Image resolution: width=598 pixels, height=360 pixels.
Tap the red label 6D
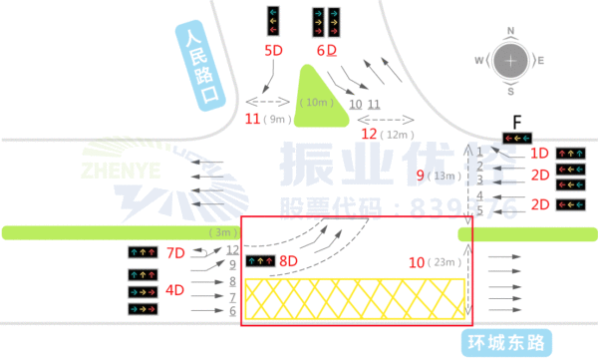click(x=325, y=49)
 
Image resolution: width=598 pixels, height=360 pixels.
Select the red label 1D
click(x=539, y=154)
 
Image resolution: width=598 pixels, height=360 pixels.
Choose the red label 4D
click(x=174, y=290)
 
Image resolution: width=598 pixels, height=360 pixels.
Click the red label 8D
click(x=289, y=261)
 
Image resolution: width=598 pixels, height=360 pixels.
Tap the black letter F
click(x=517, y=122)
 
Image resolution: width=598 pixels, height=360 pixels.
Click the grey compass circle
click(x=511, y=61)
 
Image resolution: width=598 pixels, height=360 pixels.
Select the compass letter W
click(x=479, y=61)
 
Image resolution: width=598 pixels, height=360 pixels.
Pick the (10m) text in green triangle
click(x=319, y=102)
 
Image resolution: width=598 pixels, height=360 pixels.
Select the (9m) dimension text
click(x=277, y=120)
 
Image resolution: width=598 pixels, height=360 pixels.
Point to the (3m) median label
click(x=221, y=232)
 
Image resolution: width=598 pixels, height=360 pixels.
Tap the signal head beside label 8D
click(x=261, y=261)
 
